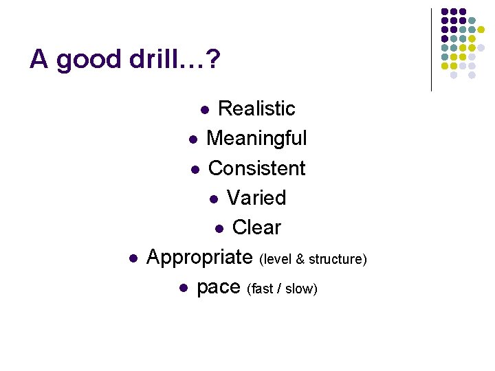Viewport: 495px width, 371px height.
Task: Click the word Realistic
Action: (256, 109)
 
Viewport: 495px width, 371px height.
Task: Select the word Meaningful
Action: (256, 138)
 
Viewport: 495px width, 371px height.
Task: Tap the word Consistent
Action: (256, 168)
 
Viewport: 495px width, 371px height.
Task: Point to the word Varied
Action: (256, 198)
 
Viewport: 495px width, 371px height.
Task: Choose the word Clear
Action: (256, 227)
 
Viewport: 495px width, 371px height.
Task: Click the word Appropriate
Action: (199, 258)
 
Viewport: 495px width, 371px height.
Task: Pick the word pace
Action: (218, 287)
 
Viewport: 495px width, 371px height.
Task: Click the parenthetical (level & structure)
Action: (313, 259)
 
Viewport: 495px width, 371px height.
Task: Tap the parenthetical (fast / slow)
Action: (282, 289)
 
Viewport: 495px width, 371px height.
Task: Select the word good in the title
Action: (87, 60)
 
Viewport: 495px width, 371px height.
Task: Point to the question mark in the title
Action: (213, 60)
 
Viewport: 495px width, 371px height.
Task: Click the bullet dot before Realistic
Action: (204, 110)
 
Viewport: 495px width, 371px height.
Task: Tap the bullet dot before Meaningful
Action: (193, 139)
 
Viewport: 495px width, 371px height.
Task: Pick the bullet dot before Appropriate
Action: (133, 258)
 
